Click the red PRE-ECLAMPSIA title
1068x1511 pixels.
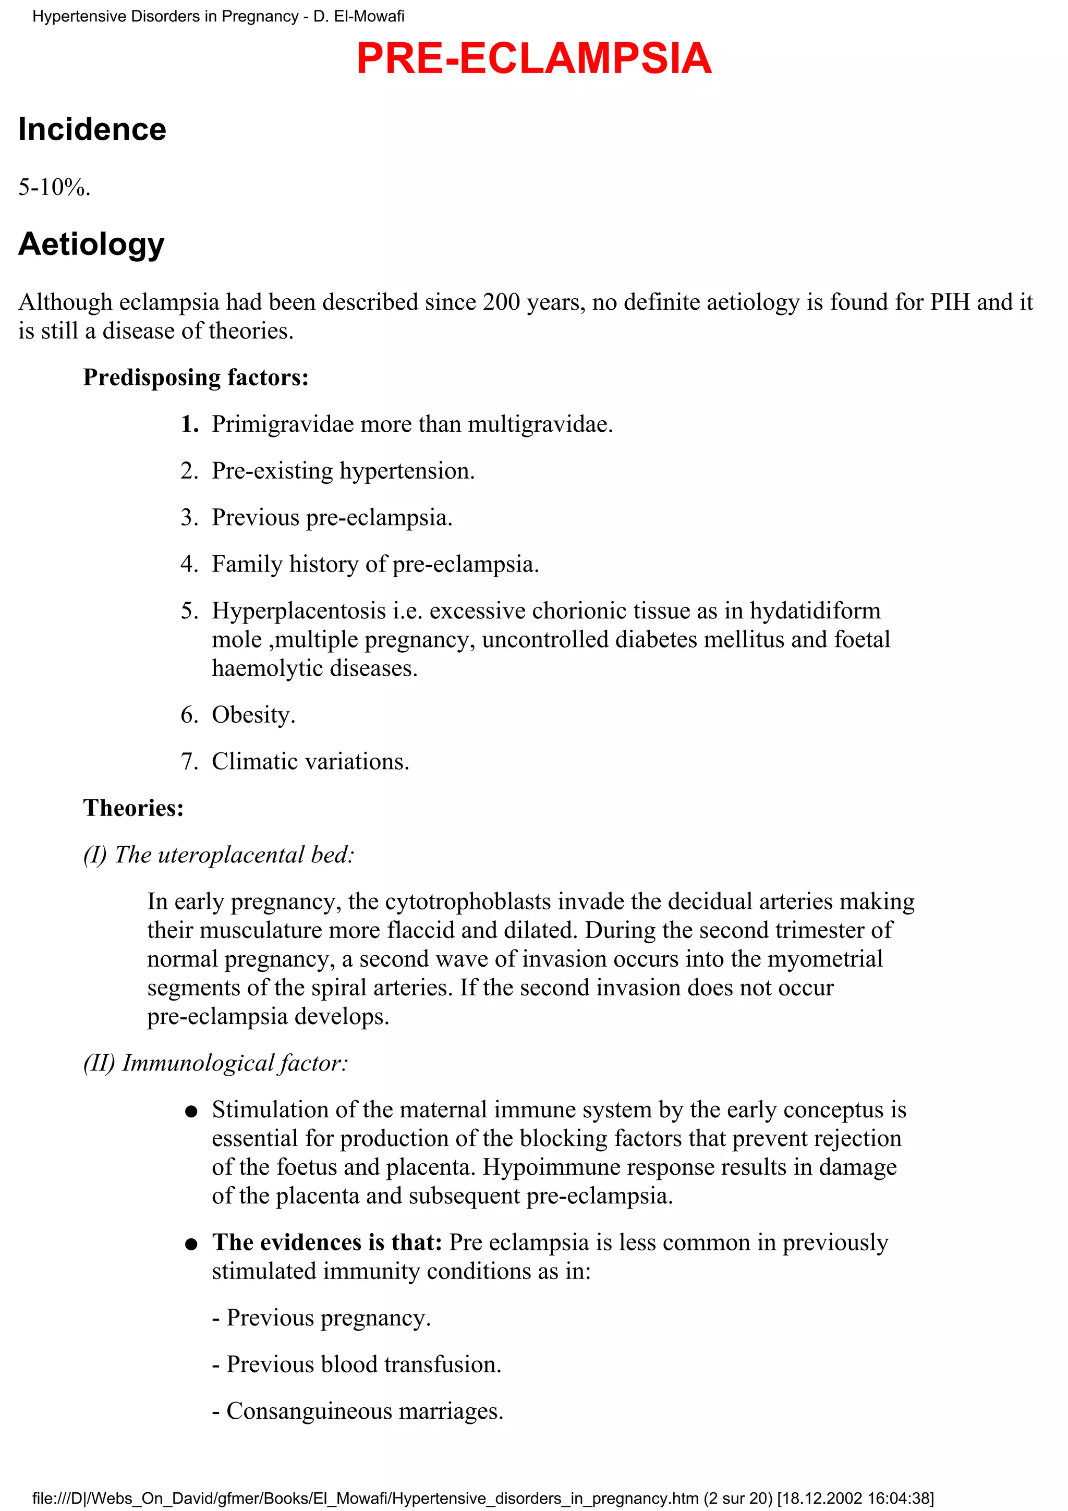533,58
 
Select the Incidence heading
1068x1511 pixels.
92,129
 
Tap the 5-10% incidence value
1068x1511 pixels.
54,188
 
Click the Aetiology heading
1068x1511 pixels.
91,244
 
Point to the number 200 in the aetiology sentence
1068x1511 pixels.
502,302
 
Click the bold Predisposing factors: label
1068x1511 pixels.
196,377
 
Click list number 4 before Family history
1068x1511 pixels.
189,564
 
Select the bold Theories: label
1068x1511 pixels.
133,808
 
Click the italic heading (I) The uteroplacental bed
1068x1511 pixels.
219,855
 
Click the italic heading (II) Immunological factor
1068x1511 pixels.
215,1063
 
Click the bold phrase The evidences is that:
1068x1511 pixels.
326,1242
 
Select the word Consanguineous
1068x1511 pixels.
309,1411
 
